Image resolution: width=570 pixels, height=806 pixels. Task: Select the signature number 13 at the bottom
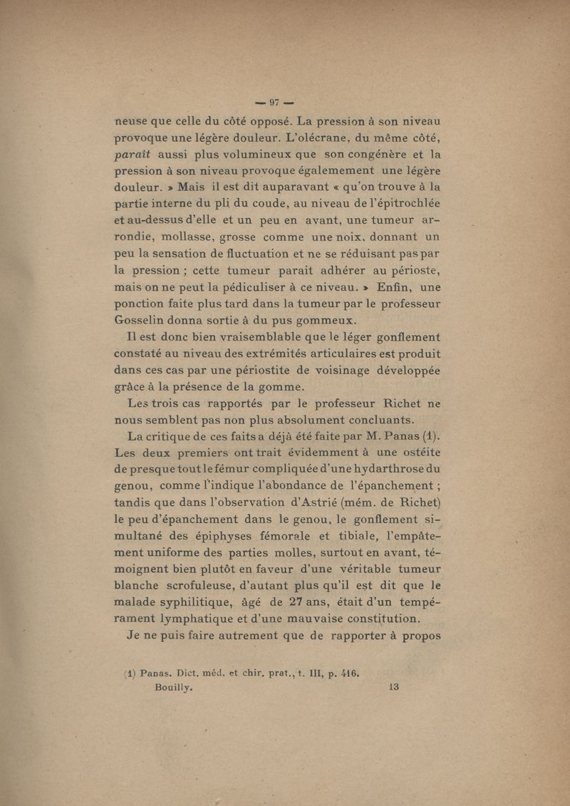(x=394, y=688)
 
